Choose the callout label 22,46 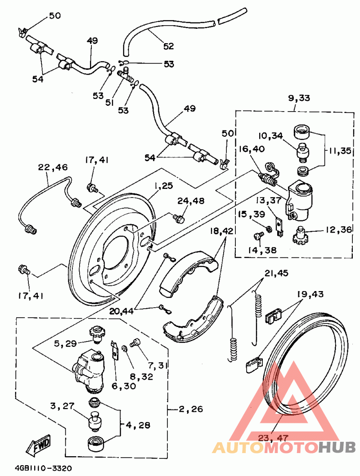[53, 167]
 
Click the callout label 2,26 [191, 409]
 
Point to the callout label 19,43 [311, 295]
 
